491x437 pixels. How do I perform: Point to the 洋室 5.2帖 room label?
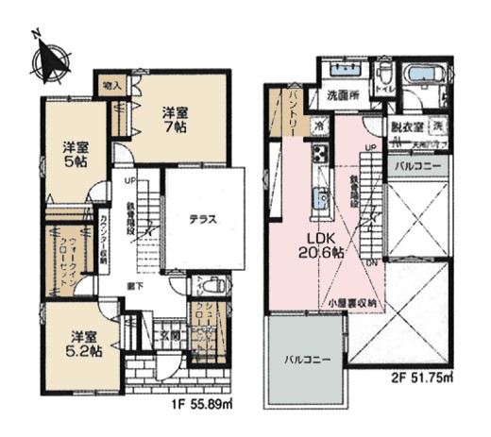84,344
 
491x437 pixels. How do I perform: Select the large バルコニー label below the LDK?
305,360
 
